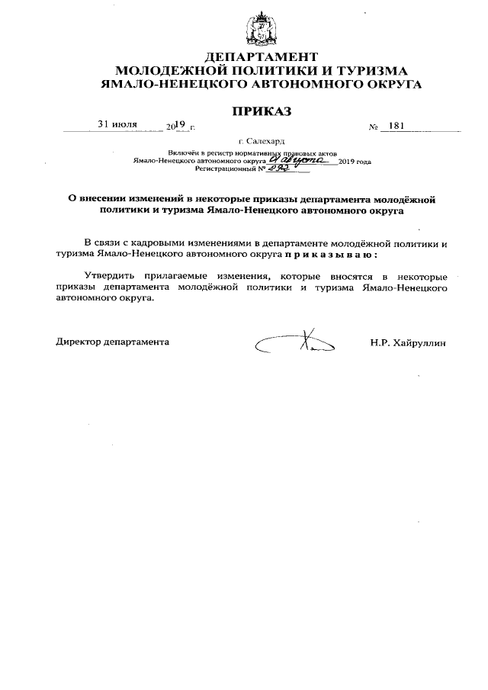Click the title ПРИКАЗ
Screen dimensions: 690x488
(x=262, y=111)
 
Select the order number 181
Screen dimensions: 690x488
(x=396, y=126)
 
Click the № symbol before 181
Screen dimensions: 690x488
(x=374, y=127)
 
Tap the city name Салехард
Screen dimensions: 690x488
(x=266, y=142)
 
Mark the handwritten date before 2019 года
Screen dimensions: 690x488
(x=300, y=161)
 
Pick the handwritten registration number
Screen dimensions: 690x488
(x=264, y=170)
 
